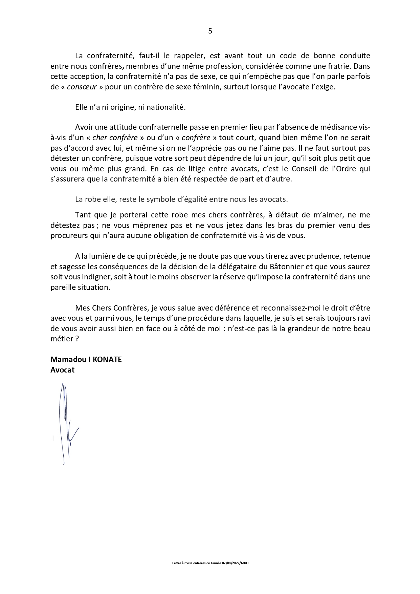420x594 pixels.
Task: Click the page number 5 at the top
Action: point(210,31)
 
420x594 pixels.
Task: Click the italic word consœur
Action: point(82,87)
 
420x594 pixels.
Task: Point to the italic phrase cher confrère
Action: point(115,138)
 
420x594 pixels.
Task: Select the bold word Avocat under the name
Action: point(62,370)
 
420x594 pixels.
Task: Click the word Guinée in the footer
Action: point(216,563)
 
